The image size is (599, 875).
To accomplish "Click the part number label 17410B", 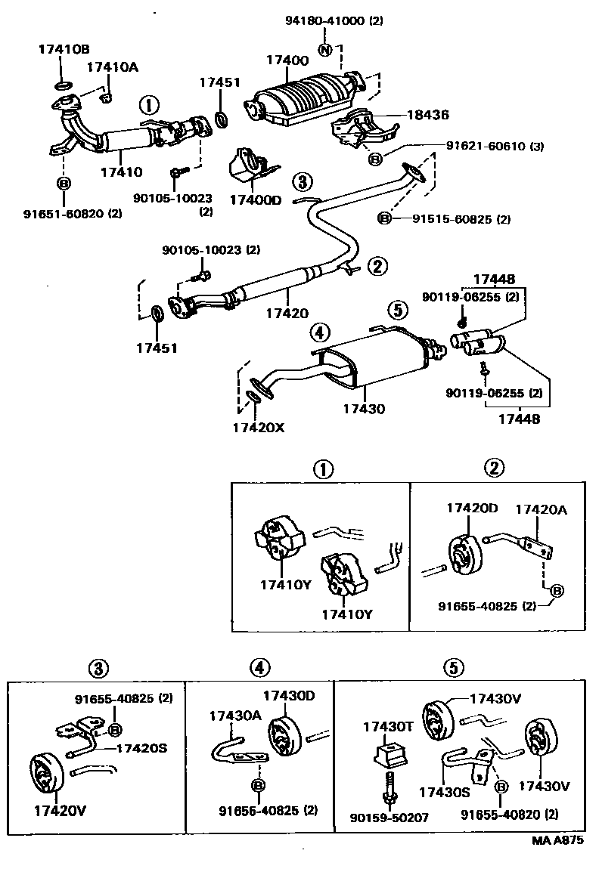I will tap(63, 50).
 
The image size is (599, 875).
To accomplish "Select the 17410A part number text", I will tap(112, 67).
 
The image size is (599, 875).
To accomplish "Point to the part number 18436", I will tap(428, 116).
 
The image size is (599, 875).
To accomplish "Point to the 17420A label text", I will tap(541, 509).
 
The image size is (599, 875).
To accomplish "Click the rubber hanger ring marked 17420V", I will tap(46, 771).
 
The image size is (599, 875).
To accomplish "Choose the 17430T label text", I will tap(387, 727).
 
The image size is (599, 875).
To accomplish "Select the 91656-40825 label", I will tap(257, 811).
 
